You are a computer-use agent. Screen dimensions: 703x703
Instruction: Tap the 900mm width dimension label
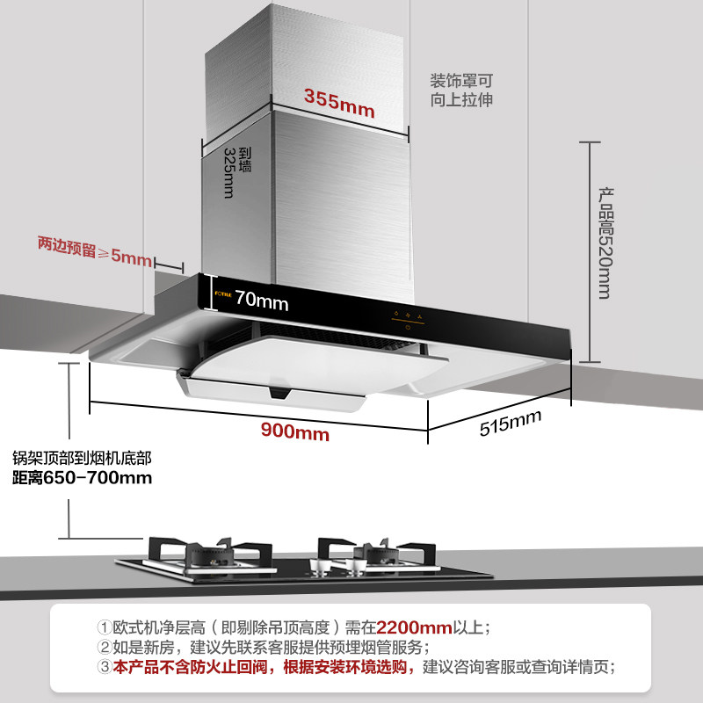coord(294,432)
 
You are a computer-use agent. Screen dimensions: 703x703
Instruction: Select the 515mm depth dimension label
coord(510,424)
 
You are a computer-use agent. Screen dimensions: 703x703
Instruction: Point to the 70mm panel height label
coord(261,301)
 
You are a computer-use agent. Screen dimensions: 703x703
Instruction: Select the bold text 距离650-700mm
coord(82,478)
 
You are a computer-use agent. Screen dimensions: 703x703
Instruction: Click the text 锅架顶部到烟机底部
coord(82,458)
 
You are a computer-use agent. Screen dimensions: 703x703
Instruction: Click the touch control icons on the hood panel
coord(407,316)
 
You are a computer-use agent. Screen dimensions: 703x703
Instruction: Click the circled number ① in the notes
coord(105,628)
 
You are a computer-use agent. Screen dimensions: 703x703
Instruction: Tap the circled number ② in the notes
coord(105,648)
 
